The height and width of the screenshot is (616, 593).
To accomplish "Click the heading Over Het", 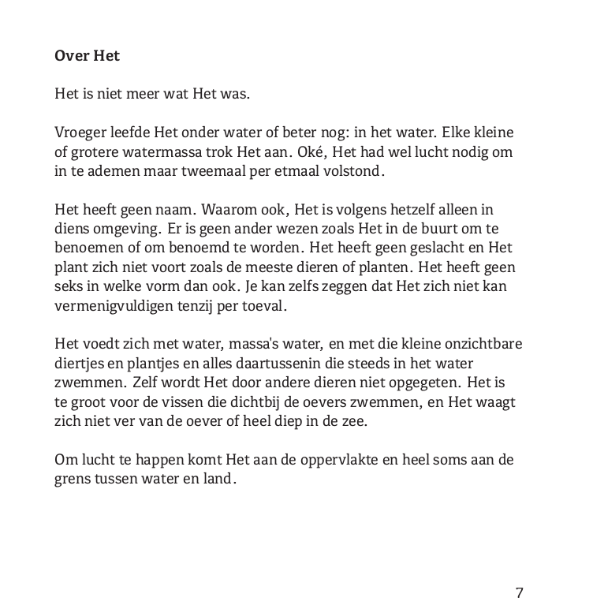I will pos(87,56).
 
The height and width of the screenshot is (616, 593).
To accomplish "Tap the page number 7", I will pos(520,593).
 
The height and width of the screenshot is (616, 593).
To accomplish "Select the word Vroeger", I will pos(80,132).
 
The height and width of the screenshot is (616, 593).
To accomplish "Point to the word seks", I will pos(69,286).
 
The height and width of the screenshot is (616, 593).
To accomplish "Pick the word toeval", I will pos(265,305).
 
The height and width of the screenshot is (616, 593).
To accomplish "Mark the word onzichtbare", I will pos(479,344).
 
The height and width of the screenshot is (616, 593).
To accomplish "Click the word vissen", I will pos(187,401).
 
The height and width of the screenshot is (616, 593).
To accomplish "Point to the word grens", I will pos(73,478).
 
